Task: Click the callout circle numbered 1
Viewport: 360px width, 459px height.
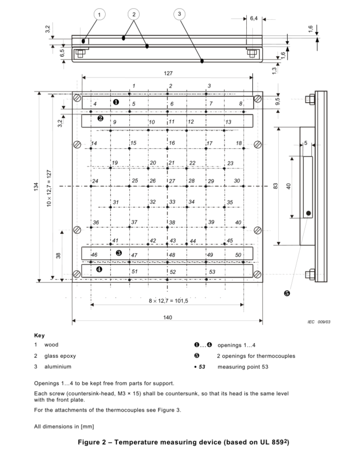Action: tap(99, 14)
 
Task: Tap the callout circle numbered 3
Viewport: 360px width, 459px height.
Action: tap(179, 14)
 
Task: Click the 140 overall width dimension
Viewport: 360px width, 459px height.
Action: tap(168, 317)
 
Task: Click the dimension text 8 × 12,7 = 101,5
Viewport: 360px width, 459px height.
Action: tap(168, 301)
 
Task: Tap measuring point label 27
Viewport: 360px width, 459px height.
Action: tap(172, 181)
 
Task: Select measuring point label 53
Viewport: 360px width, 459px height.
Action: tap(212, 272)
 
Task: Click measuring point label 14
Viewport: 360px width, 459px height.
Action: tap(94, 144)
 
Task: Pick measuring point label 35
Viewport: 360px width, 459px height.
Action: tap(230, 202)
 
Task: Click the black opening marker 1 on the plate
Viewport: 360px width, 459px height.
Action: tap(116, 102)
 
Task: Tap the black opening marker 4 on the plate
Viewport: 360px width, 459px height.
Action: tap(99, 269)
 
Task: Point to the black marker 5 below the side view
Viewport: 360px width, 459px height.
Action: tap(287, 294)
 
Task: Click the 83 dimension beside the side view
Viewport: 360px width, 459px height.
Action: tap(276, 186)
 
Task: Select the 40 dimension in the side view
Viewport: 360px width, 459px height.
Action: tap(288, 186)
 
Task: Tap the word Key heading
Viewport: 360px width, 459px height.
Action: tap(39, 336)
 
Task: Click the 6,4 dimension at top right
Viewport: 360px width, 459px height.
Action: tap(254, 19)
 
